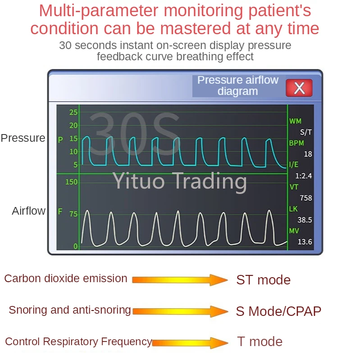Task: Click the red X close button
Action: click(x=299, y=88)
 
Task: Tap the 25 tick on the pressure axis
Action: click(x=73, y=112)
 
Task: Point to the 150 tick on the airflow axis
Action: click(x=72, y=182)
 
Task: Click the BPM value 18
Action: click(x=308, y=154)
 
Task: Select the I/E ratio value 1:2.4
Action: click(x=303, y=176)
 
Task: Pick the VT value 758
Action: click(x=305, y=198)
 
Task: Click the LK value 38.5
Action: click(x=305, y=220)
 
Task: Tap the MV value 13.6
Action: click(x=305, y=242)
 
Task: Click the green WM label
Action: click(x=295, y=121)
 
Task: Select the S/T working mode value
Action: click(x=306, y=132)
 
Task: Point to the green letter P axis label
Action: click(x=60, y=140)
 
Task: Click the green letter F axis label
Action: click(x=60, y=211)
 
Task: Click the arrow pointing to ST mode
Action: click(x=180, y=280)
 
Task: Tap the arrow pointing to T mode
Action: click(x=190, y=343)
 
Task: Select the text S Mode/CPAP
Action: click(x=278, y=311)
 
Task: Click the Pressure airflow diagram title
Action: click(x=238, y=85)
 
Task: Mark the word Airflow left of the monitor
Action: click(x=29, y=211)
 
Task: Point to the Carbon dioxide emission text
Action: click(x=66, y=279)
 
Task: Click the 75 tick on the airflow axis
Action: click(x=73, y=214)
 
